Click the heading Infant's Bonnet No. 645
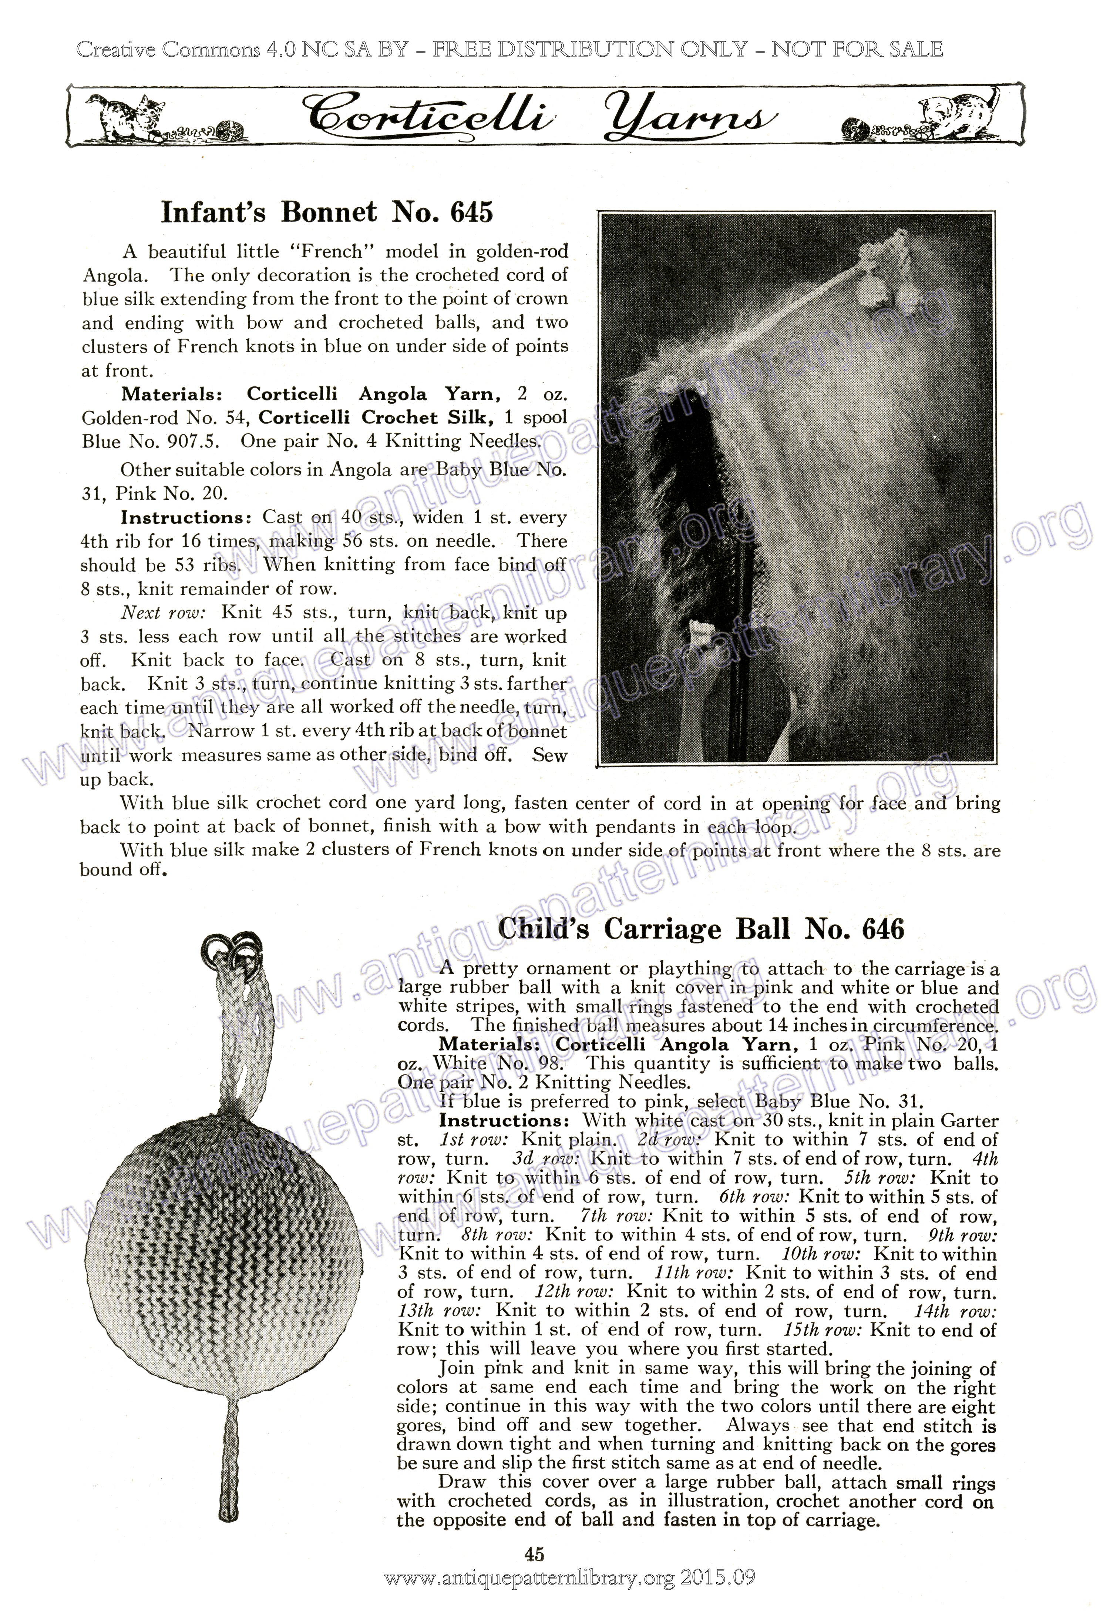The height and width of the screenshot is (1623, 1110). [x=327, y=212]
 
